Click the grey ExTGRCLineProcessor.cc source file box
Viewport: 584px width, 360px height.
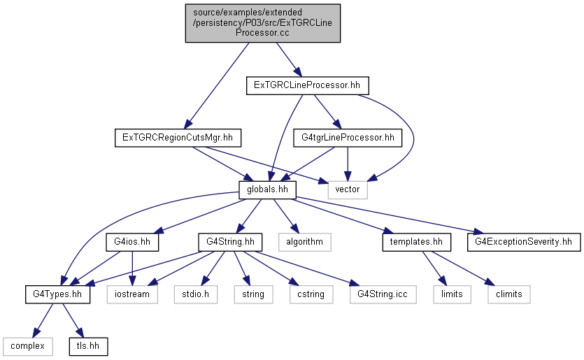(262, 23)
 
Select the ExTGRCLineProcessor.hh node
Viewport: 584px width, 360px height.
(307, 85)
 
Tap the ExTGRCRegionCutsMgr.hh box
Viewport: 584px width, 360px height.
(178, 138)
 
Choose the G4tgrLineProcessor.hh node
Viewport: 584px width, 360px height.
(348, 138)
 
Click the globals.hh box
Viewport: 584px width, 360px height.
(267, 190)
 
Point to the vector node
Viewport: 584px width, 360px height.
(348, 190)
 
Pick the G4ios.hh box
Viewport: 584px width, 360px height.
(132, 242)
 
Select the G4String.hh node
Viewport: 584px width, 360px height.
(230, 242)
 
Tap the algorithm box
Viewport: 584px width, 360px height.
(305, 242)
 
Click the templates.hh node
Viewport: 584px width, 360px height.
(416, 242)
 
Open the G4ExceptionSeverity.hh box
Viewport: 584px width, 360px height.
(524, 242)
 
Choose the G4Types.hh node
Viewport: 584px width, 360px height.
(58, 294)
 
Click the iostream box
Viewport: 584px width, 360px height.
(132, 294)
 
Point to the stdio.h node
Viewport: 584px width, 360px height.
(196, 294)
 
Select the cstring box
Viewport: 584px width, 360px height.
(311, 294)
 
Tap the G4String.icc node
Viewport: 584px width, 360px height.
(383, 294)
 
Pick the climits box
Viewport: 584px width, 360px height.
(508, 294)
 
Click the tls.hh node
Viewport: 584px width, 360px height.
(88, 347)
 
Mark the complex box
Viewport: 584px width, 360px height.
(27, 347)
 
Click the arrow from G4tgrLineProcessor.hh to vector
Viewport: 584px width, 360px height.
(348, 164)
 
